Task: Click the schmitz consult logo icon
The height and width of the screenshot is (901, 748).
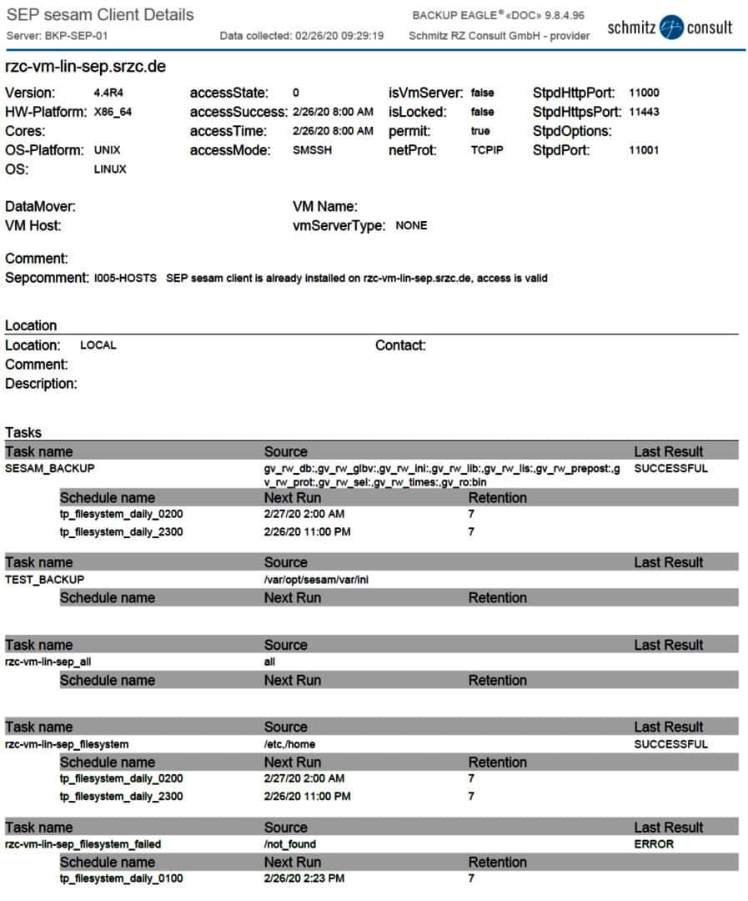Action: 670,28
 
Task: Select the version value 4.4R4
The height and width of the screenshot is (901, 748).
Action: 109,93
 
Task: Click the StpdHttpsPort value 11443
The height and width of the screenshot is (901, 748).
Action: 645,113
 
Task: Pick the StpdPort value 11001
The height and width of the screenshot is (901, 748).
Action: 645,151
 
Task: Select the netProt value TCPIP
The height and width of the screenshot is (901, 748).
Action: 487,151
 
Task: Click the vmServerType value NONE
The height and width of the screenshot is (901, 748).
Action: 411,226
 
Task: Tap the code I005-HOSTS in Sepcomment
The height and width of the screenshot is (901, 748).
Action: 125,279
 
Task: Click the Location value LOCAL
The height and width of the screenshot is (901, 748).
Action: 98,345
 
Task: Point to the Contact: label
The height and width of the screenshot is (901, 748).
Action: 400,345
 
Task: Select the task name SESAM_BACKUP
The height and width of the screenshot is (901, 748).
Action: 50,469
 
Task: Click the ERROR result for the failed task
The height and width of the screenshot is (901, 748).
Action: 654,844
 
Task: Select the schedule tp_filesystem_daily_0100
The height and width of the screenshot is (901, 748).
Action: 121,879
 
